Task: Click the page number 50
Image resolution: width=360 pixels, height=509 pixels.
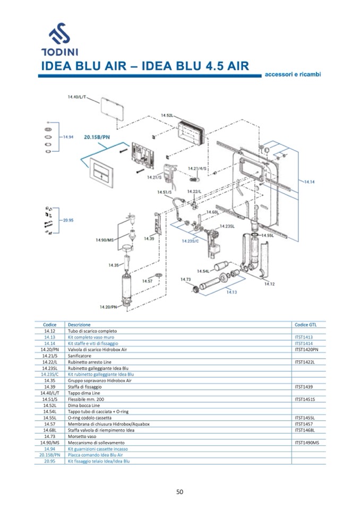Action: click(x=180, y=491)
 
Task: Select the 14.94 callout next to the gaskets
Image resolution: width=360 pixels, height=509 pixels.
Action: click(x=67, y=137)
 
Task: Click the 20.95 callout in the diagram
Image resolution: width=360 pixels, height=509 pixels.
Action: click(x=67, y=220)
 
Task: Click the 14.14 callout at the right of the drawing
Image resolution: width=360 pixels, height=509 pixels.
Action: click(x=309, y=182)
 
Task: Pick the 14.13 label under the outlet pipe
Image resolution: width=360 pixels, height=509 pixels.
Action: click(x=232, y=292)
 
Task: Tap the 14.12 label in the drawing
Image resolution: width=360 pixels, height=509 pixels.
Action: click(x=269, y=283)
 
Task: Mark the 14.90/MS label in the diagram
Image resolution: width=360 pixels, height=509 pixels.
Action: click(x=105, y=240)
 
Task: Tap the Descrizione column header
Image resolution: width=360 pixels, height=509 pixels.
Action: click(x=79, y=324)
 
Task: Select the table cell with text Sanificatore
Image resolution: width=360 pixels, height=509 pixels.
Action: click(x=80, y=356)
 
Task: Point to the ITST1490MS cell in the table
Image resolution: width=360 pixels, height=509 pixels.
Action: click(x=306, y=443)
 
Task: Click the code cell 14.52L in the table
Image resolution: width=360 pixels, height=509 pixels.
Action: click(x=50, y=406)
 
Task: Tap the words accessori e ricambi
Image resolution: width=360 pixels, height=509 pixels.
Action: click(x=293, y=75)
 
